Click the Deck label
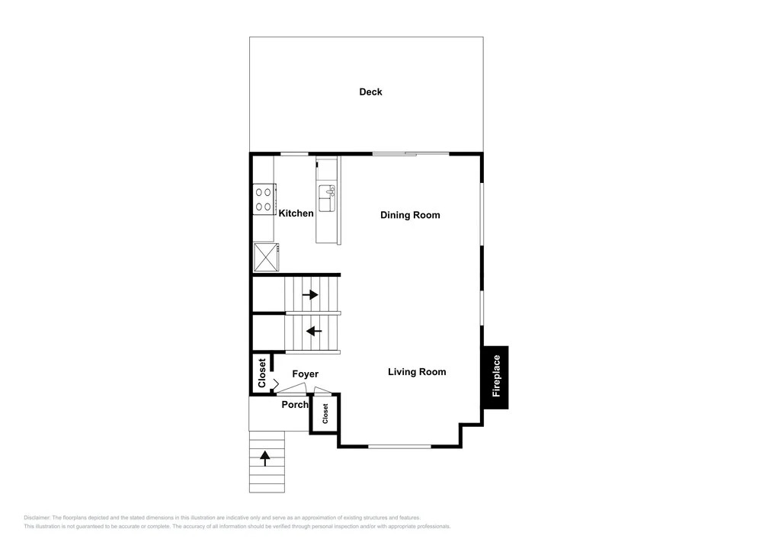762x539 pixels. [370, 91]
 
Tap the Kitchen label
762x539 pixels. [296, 213]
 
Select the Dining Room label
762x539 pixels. [410, 215]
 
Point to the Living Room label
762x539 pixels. [417, 372]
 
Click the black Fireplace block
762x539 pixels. [495, 377]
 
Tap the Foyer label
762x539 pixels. [306, 374]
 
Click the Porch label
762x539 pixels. [295, 404]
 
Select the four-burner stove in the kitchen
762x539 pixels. [264, 199]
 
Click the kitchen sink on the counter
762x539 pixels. [327, 198]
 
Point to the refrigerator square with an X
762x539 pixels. [266, 257]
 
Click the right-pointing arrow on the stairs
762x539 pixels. [310, 294]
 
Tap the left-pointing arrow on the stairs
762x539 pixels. [314, 332]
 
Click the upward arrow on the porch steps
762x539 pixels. [265, 458]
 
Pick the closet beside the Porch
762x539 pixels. [325, 414]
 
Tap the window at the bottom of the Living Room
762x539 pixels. [399, 446]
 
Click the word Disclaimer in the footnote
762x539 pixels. [37, 518]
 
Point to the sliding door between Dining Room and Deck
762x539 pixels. [411, 155]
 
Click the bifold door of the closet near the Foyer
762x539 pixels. [274, 384]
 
